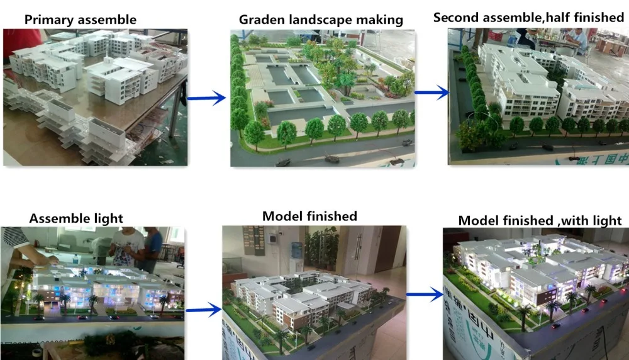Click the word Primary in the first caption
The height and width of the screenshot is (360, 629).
[48, 20]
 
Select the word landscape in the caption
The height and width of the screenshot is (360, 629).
[320, 20]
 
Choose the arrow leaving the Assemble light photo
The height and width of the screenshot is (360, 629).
[204, 310]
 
